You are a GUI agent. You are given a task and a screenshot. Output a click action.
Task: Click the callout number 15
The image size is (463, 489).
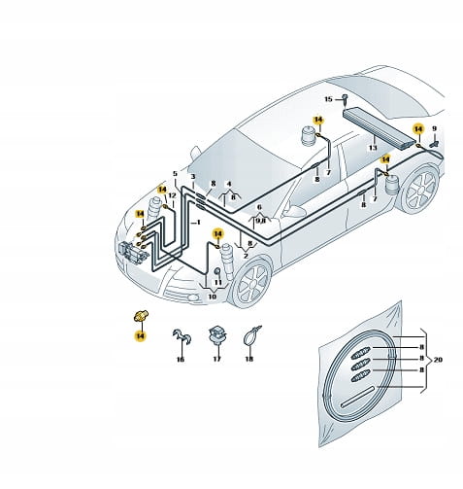(328, 99)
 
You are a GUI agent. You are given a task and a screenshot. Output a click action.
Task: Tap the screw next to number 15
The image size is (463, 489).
(345, 100)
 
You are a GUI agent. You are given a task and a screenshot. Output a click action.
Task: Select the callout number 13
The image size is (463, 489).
(373, 148)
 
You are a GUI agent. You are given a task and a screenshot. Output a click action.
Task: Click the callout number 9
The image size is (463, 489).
(434, 129)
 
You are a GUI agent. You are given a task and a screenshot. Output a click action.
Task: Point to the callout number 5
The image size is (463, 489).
(175, 174)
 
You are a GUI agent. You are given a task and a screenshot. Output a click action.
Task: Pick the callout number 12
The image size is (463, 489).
(172, 195)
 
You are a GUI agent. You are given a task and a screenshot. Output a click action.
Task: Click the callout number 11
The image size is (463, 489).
(218, 283)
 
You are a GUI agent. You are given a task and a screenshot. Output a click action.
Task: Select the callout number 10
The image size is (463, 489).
(212, 297)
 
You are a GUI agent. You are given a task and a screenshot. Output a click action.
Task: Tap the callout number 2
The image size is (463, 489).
(246, 256)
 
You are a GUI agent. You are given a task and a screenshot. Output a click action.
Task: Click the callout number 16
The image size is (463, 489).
(181, 360)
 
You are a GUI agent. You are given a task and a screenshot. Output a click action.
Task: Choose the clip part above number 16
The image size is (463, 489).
(182, 336)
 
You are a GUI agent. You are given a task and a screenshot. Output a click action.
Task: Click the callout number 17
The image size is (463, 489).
(216, 359)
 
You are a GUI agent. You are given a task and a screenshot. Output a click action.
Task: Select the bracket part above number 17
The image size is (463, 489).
(217, 335)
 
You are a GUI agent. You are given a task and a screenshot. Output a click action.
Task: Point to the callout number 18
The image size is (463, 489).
(248, 359)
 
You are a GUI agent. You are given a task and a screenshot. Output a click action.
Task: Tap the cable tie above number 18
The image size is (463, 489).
(251, 336)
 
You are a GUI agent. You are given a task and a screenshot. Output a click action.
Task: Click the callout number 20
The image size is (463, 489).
(438, 360)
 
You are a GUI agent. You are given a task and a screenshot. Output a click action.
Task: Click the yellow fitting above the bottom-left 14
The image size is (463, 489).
(141, 316)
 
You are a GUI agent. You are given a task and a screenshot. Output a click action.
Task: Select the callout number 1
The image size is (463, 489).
(198, 223)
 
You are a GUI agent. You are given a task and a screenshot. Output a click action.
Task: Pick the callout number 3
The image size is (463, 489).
(193, 177)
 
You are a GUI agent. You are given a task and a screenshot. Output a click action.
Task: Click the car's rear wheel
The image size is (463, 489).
(420, 189)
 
